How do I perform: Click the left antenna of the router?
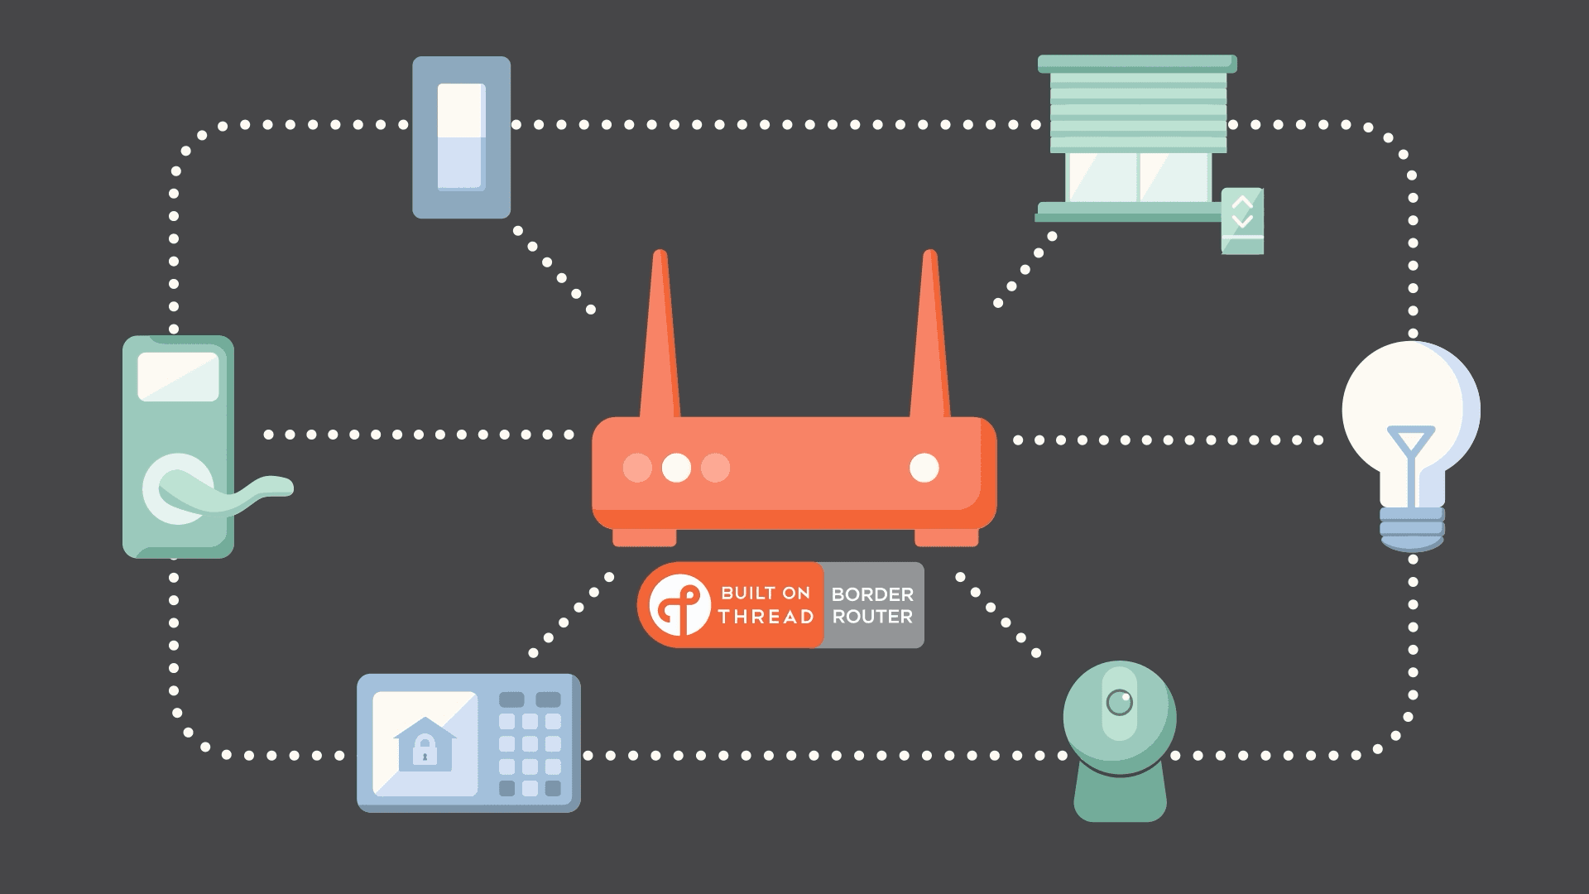pyautogui.click(x=660, y=339)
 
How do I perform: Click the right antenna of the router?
pyautogui.click(x=930, y=339)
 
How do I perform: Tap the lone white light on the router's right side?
pyautogui.click(x=924, y=468)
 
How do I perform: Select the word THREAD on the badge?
pyautogui.click(x=766, y=617)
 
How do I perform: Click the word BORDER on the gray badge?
pyautogui.click(x=872, y=594)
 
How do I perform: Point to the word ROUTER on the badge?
pyautogui.click(x=872, y=617)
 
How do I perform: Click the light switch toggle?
pyautogui.click(x=461, y=137)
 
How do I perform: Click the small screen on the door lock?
pyautogui.click(x=178, y=377)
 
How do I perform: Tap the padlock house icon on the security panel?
pyautogui.click(x=425, y=744)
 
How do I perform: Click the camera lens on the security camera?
pyautogui.click(x=1119, y=703)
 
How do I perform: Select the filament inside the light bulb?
pyautogui.click(x=1410, y=455)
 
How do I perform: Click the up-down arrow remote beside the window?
pyautogui.click(x=1242, y=220)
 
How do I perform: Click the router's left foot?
pyautogui.click(x=644, y=538)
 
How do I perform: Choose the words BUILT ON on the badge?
pyautogui.click(x=766, y=593)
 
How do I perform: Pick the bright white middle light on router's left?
pyautogui.click(x=676, y=468)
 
